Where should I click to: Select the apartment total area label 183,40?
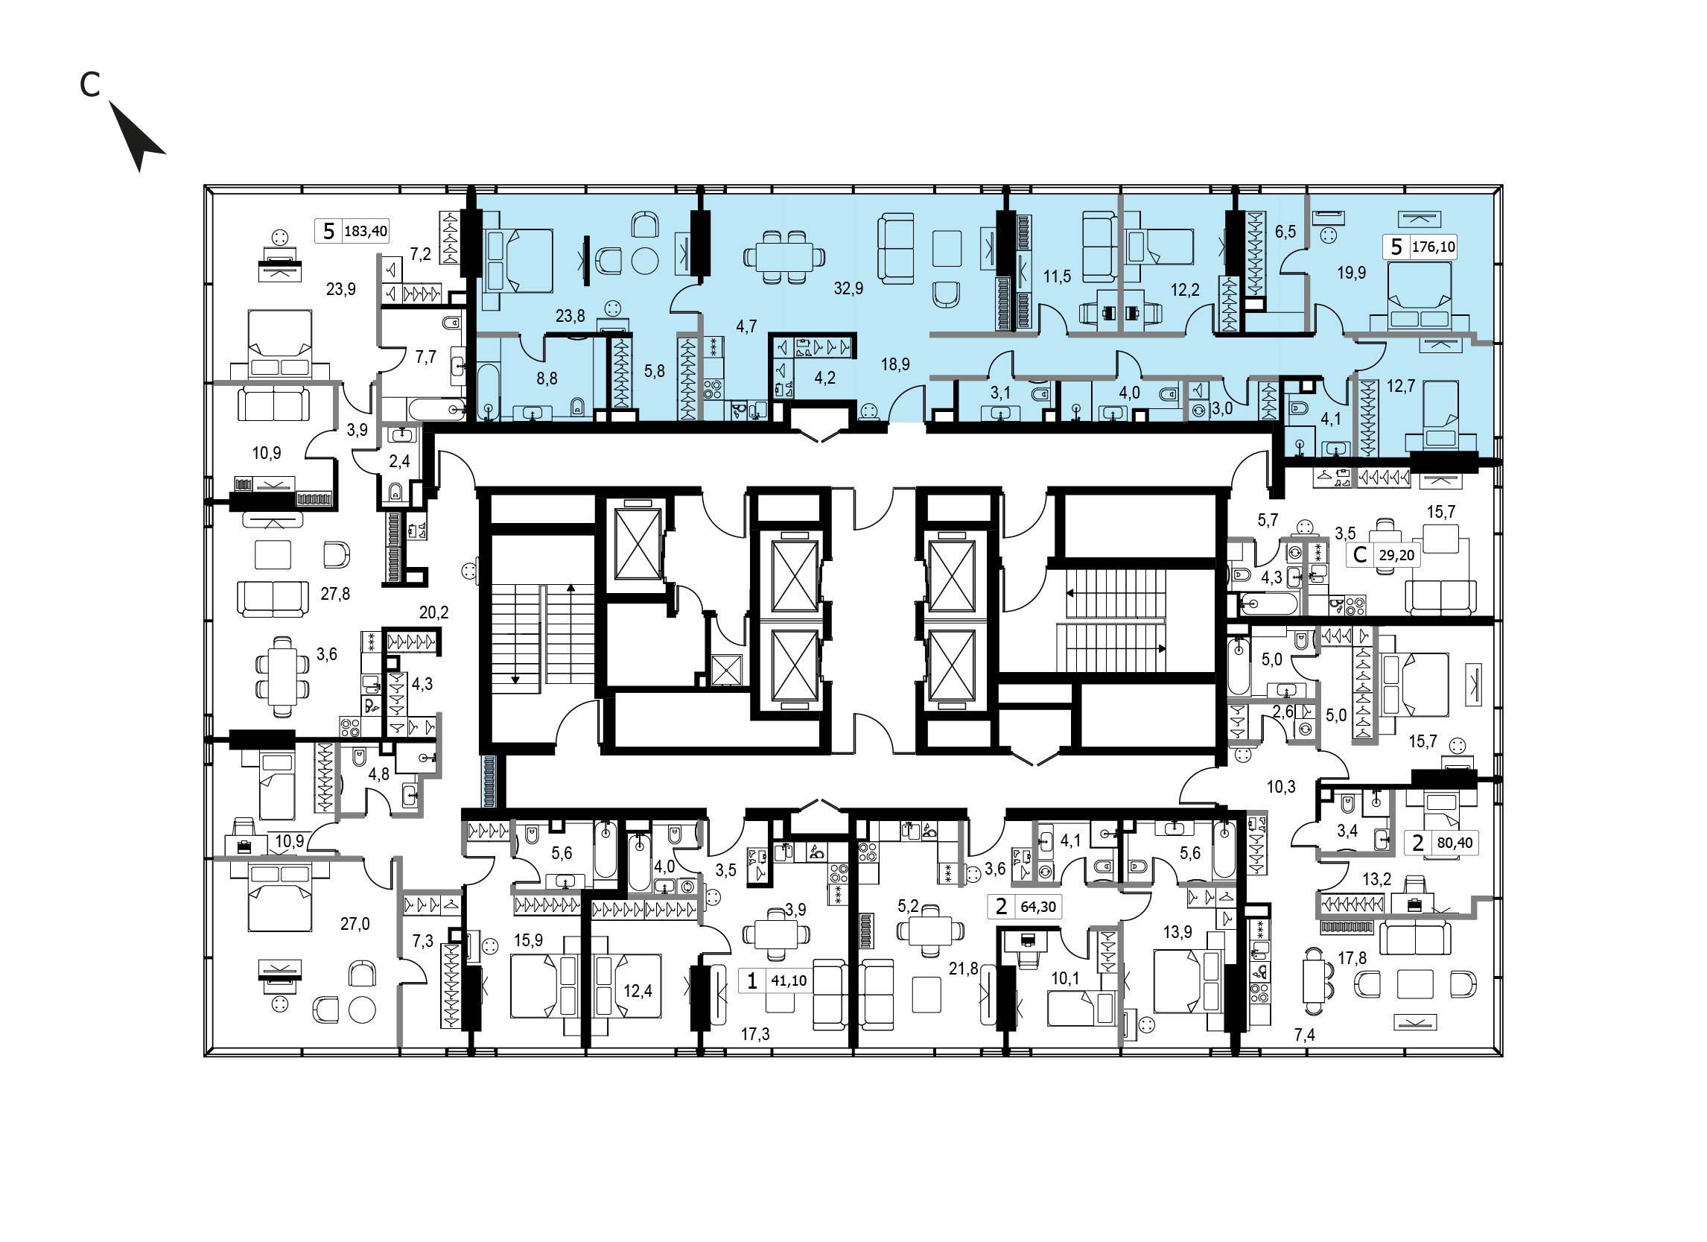click(366, 231)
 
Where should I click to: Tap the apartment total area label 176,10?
click(1434, 247)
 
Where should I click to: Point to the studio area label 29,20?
click(1396, 556)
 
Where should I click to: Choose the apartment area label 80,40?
click(1455, 843)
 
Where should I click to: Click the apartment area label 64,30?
click(1038, 907)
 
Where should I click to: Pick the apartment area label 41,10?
click(789, 980)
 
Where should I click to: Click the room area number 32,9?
click(848, 288)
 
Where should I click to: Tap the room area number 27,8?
click(335, 594)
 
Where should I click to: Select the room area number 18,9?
click(895, 364)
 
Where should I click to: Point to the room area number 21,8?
click(964, 969)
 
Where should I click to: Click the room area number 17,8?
click(1352, 958)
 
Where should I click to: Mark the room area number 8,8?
click(547, 378)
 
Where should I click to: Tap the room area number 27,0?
click(355, 924)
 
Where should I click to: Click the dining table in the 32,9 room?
click(784, 258)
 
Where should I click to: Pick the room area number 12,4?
click(638, 991)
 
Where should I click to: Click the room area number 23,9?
click(341, 289)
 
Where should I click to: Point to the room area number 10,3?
click(1281, 788)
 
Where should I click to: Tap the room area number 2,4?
click(399, 460)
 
